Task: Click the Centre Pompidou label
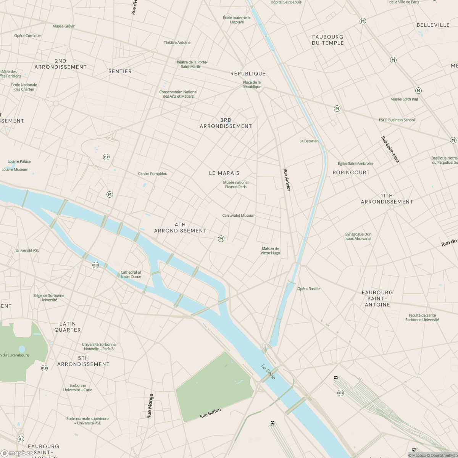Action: (x=153, y=174)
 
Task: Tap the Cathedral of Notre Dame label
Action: (x=131, y=274)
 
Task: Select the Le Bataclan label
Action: (x=309, y=141)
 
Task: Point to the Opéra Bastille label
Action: (x=309, y=289)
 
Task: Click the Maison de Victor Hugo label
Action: (x=270, y=251)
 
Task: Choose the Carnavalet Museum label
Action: (x=239, y=215)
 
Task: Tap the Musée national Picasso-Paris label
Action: (x=236, y=185)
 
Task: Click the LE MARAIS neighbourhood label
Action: (x=224, y=173)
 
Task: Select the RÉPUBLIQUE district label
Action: (x=248, y=73)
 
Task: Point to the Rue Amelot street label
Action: (x=287, y=180)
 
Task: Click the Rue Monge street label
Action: (x=150, y=406)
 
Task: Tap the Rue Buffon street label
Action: (x=210, y=413)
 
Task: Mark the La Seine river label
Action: (x=268, y=371)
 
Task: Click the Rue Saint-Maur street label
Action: (x=390, y=150)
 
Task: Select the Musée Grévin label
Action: (x=64, y=26)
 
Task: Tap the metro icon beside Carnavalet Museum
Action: (x=221, y=239)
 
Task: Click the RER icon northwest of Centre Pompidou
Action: (x=106, y=157)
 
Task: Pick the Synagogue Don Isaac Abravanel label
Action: (x=358, y=236)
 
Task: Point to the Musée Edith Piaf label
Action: (x=404, y=99)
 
